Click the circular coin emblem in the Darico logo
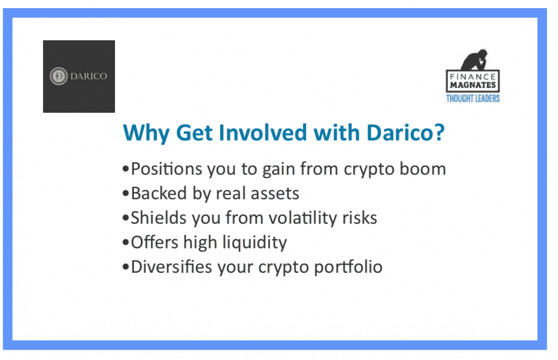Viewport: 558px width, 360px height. [58, 76]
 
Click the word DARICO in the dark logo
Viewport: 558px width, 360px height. [89, 76]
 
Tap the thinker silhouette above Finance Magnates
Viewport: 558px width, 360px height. [475, 60]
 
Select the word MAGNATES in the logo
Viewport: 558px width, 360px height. [472, 85]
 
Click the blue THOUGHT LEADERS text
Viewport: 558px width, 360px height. [473, 99]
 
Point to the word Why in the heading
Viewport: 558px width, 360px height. [146, 133]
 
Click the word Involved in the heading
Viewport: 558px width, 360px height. [263, 132]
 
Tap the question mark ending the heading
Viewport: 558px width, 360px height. [440, 132]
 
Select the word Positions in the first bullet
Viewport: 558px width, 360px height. [166, 169]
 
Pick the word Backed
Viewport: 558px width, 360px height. [159, 193]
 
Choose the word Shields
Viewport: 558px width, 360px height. [159, 218]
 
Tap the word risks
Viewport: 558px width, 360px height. [360, 218]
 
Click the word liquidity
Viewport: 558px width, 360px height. [254, 243]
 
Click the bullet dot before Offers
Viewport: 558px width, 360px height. [125, 243]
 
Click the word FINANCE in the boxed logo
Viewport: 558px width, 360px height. [472, 76]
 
